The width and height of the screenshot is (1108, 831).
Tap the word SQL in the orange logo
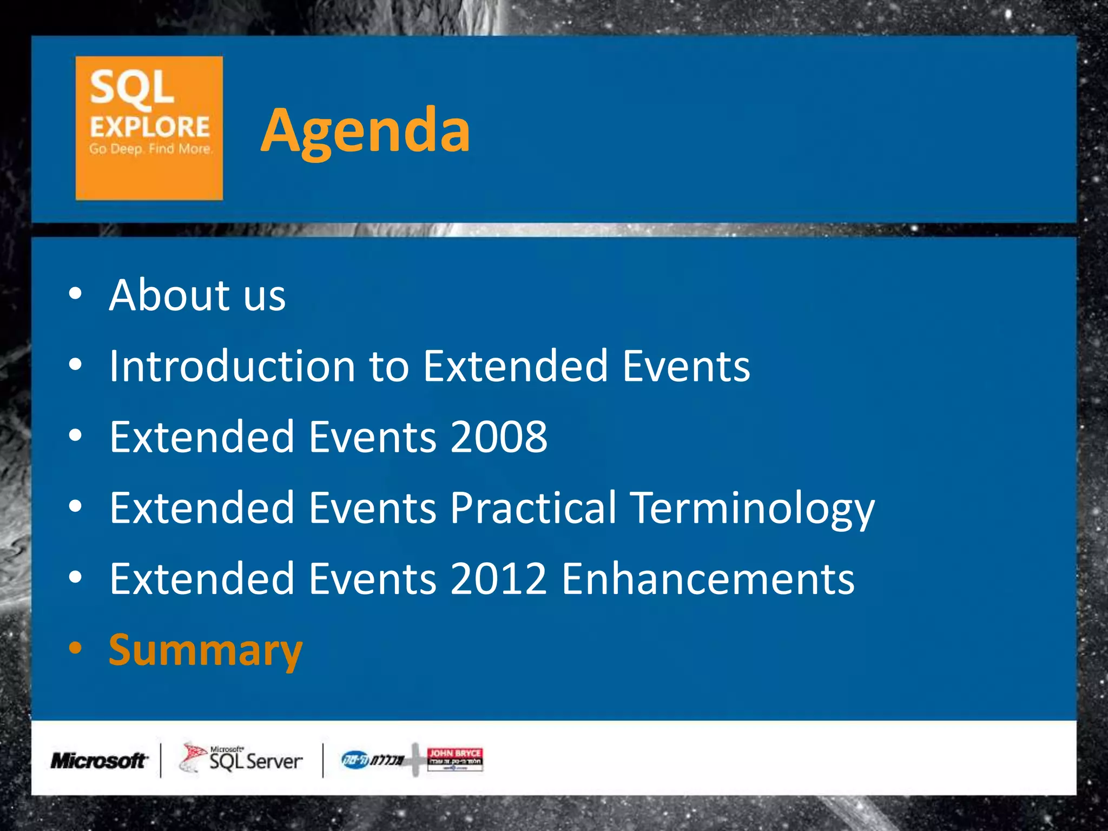pyautogui.click(x=131, y=88)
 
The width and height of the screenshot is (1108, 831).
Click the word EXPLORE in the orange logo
pyautogui.click(x=149, y=127)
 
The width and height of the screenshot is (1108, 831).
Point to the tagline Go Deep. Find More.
pyautogui.click(x=150, y=149)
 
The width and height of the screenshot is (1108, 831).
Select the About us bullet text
pyautogui.click(x=197, y=295)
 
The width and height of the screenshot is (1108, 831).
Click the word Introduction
pyautogui.click(x=232, y=366)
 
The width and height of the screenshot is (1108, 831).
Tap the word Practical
pyautogui.click(x=533, y=508)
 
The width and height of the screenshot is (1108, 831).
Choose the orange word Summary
pyautogui.click(x=206, y=651)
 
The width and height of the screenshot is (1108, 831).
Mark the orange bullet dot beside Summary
pyautogui.click(x=76, y=648)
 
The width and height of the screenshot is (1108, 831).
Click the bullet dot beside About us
pyautogui.click(x=76, y=294)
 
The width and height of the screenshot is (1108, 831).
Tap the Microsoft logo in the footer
pyautogui.click(x=98, y=761)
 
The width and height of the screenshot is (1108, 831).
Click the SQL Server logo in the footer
pyautogui.click(x=241, y=759)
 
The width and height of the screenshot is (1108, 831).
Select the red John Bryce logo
pyautogui.click(x=454, y=758)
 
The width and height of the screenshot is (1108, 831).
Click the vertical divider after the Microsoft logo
pyautogui.click(x=161, y=760)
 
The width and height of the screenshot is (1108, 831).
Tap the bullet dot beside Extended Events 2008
pyautogui.click(x=76, y=436)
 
